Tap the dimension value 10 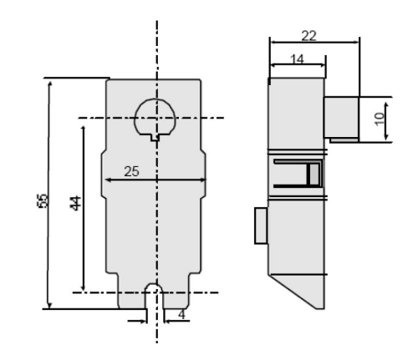(380, 117)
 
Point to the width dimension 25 (131, 170)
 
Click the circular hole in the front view (155, 116)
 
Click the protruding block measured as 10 (341, 116)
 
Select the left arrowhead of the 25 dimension (106, 179)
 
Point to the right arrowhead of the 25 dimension (204, 179)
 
